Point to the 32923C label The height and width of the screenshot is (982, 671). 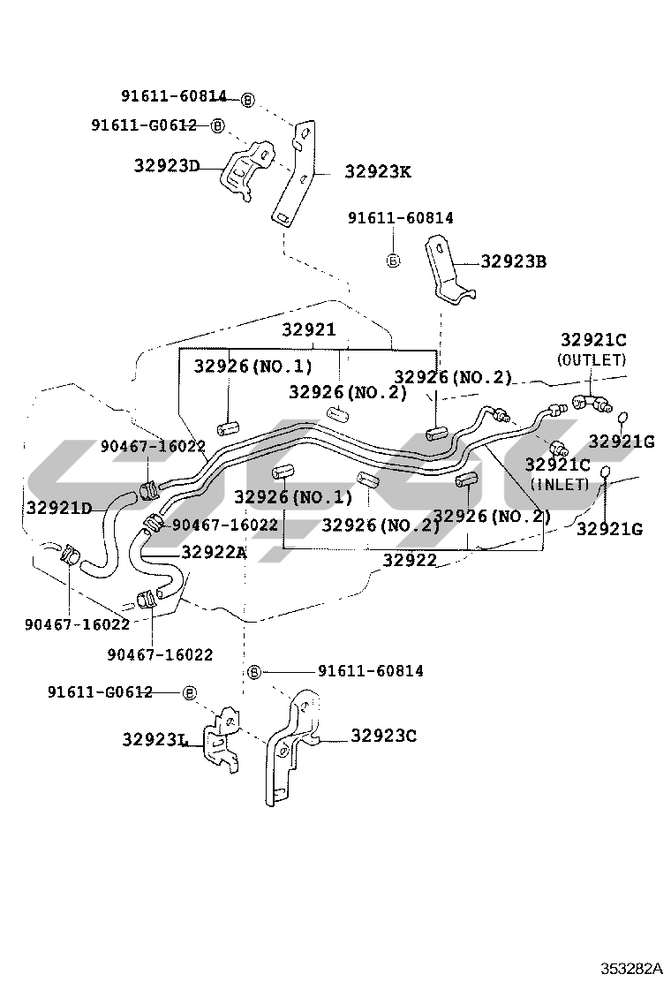(383, 735)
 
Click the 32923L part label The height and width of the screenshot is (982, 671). (156, 740)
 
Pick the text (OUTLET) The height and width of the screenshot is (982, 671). (592, 359)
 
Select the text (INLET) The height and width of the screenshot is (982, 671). (559, 484)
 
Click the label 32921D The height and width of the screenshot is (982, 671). (58, 507)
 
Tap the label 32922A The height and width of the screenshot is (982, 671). (215, 552)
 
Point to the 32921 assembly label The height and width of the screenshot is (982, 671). (309, 329)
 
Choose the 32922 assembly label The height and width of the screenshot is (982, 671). (410, 559)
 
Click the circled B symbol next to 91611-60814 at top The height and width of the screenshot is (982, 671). (247, 99)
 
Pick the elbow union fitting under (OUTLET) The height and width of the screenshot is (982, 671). (591, 402)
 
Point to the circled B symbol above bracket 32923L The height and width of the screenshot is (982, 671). (188, 692)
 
